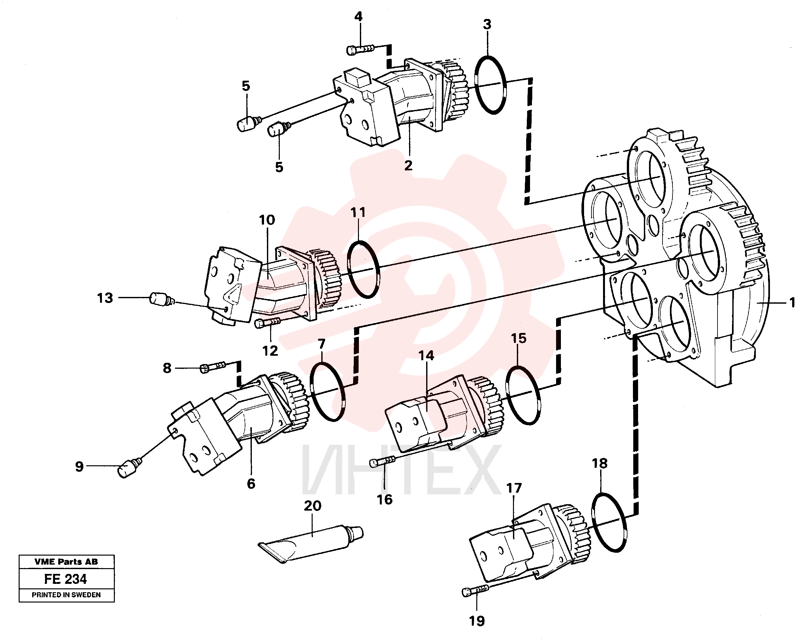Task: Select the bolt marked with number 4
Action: [360, 49]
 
